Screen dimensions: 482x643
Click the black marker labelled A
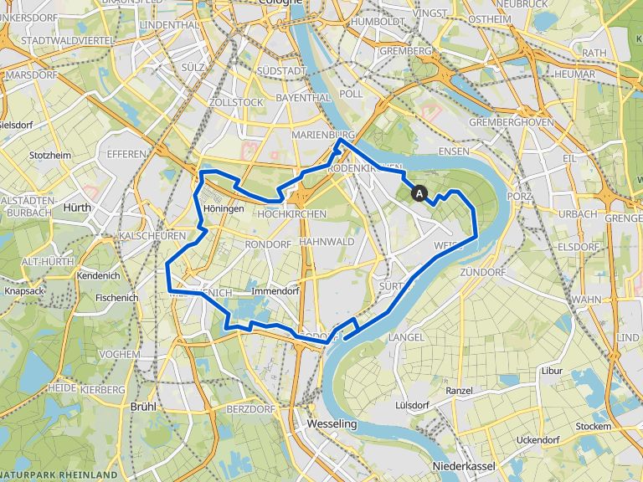click(419, 193)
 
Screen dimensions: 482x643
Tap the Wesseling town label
click(332, 423)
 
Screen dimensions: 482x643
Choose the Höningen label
click(223, 209)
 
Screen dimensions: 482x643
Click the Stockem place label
click(593, 426)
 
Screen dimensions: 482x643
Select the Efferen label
click(126, 154)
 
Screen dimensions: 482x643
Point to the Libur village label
click(552, 370)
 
